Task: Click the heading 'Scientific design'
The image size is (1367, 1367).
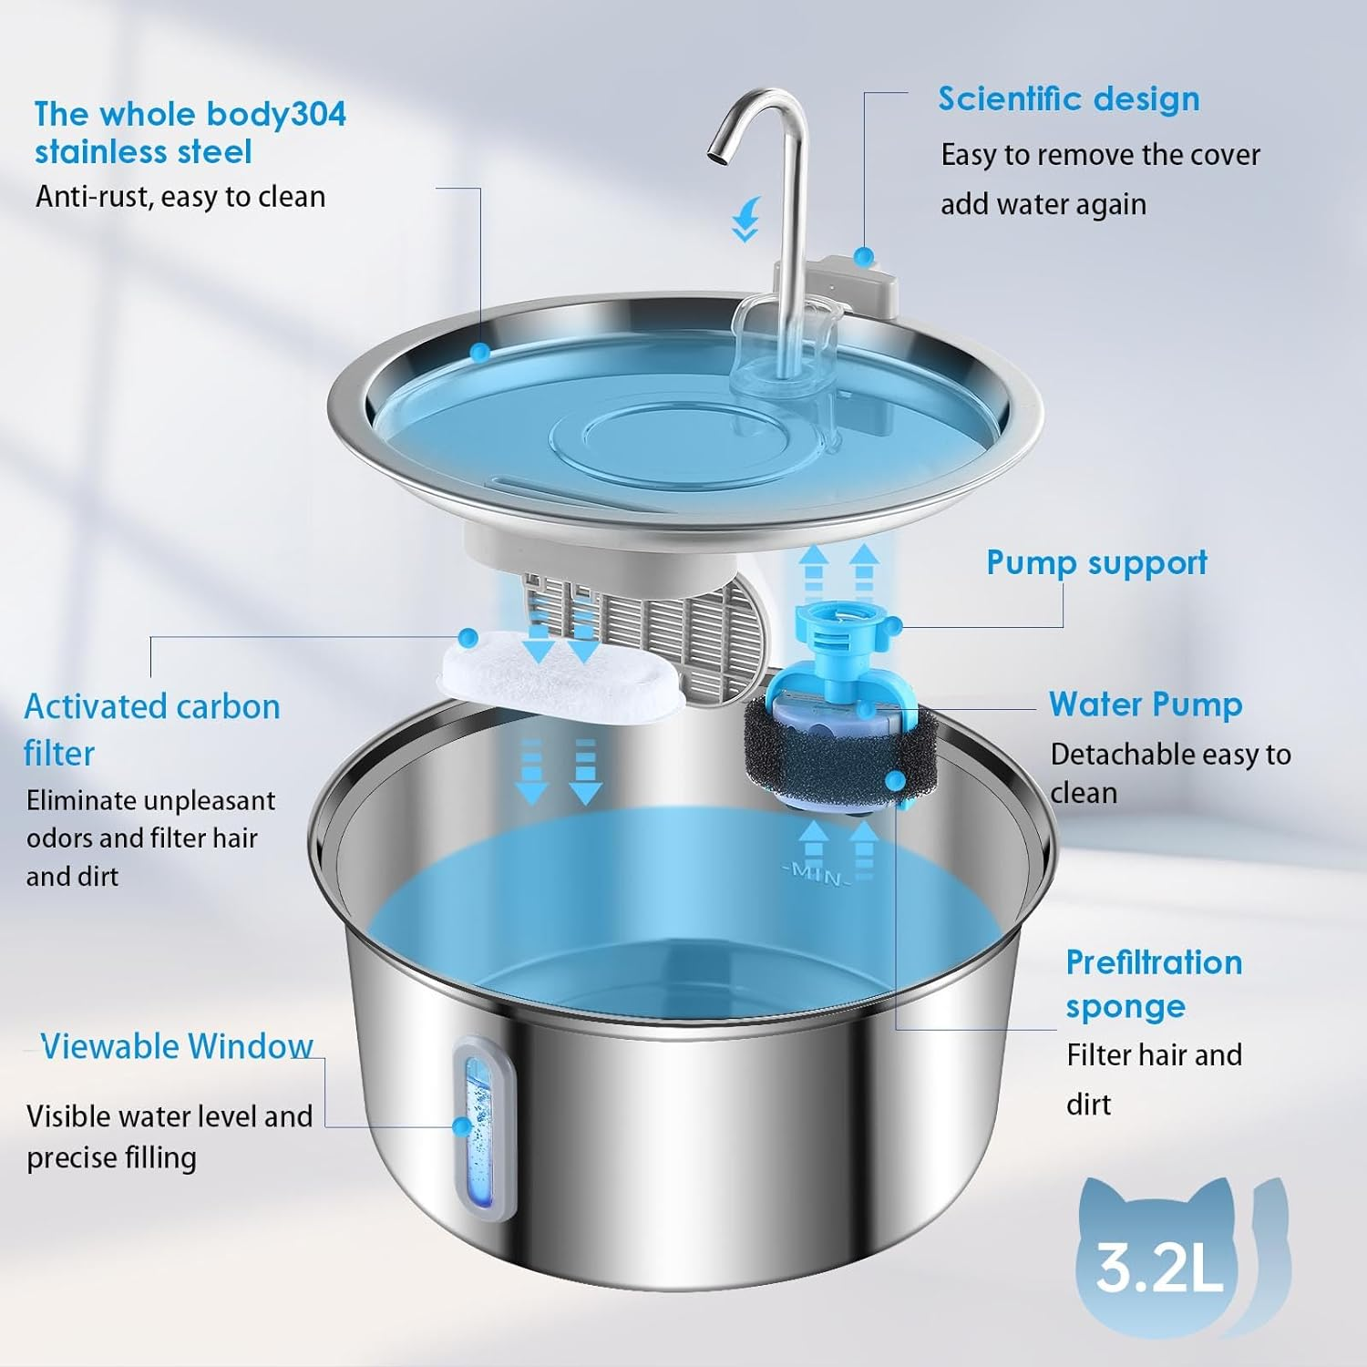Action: pos(1068,99)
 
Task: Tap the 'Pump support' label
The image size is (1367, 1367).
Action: pos(1096,563)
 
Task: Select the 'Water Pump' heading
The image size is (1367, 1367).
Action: pos(1146,704)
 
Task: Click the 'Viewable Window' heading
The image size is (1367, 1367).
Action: pos(177,1046)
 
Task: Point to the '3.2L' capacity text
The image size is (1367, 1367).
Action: pos(1158,1266)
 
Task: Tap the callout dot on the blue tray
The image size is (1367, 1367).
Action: pos(479,352)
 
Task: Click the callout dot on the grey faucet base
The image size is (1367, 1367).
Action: pos(863,256)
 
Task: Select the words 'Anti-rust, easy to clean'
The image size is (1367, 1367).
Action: pos(180,197)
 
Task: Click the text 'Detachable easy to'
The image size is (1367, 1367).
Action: pos(1170,755)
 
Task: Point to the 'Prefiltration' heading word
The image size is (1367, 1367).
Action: pos(1154,962)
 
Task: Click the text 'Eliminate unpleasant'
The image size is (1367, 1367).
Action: pos(150,800)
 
